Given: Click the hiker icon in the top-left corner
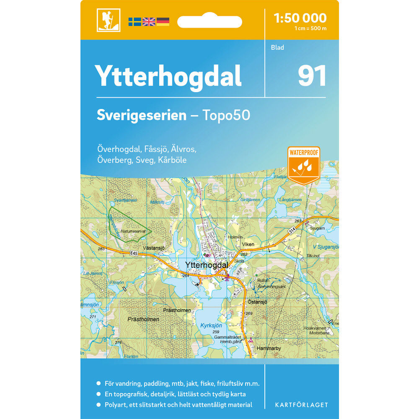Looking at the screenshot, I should point(108,20).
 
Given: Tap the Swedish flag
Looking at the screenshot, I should point(134,21).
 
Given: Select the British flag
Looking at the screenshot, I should point(149,21).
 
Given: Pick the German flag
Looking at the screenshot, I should point(163,21).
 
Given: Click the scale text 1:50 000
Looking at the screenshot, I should point(300,18).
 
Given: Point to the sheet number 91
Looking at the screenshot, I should point(312,76).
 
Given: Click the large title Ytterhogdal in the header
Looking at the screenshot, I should point(168,76).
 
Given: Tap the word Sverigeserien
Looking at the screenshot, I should point(141,115).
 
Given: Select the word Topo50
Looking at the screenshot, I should point(226,115).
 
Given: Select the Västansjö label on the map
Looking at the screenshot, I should point(153,248).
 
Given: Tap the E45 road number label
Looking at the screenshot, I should point(134,253).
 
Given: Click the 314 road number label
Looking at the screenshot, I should point(292,231).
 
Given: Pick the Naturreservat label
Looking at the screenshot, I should point(132,231).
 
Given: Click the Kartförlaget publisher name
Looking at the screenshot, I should point(301,405).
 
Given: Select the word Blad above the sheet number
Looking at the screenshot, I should point(277,48).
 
